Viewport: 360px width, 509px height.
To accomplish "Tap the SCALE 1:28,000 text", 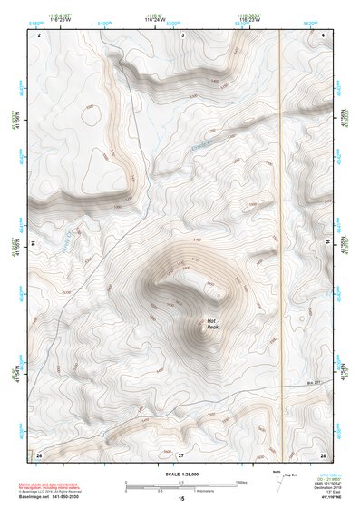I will click(x=180, y=475).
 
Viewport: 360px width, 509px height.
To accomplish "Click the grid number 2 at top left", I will click(x=39, y=34).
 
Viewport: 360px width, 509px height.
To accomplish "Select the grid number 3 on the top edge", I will click(x=182, y=34).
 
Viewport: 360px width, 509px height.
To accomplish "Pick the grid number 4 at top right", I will click(x=324, y=34).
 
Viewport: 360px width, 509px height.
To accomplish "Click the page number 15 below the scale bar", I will click(x=180, y=500).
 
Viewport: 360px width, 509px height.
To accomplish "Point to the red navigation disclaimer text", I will click(x=50, y=486).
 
